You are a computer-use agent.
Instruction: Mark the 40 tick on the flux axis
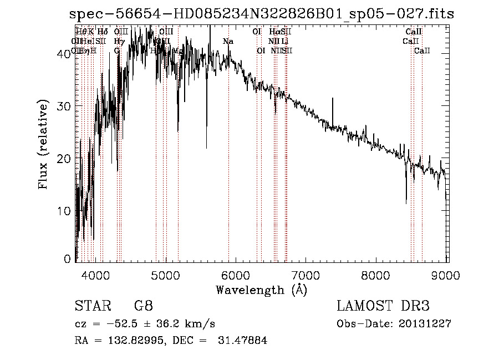[x=64, y=53]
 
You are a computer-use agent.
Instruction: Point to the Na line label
[x=228, y=41]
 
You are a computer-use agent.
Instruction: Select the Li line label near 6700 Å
[x=284, y=41]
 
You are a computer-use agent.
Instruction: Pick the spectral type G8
[x=143, y=306]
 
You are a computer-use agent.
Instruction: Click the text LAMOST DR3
[x=383, y=306]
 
